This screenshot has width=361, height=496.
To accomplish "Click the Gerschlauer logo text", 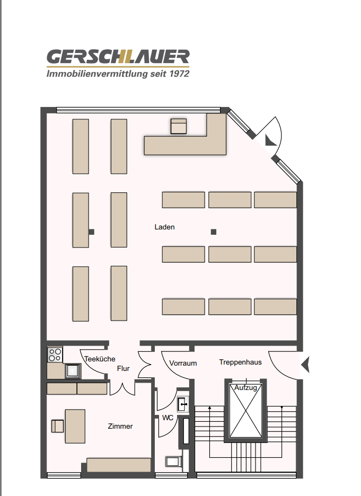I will (118, 57).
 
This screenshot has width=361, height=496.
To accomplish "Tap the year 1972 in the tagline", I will (177, 74).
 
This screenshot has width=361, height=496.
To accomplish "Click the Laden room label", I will (164, 227).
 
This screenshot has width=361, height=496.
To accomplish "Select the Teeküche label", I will (100, 359).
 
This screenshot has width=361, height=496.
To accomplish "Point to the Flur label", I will (123, 368).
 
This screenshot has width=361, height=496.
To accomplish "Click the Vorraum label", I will (183, 364).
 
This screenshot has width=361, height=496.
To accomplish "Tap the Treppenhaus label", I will (240, 362).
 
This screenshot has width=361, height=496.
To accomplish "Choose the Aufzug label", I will (246, 388).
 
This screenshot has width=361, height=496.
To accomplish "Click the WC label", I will (168, 418).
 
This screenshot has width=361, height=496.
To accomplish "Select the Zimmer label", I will (120, 426).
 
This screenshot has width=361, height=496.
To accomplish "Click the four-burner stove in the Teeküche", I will (55, 354).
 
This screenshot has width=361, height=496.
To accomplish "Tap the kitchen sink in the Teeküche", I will (73, 371).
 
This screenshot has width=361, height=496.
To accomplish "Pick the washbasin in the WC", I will (183, 404).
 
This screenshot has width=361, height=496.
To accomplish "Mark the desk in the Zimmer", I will (75, 426).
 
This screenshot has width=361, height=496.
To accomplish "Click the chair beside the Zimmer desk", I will (58, 426).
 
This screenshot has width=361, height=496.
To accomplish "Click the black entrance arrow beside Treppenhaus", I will (305, 365).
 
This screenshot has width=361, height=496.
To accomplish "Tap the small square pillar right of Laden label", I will (214, 231).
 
